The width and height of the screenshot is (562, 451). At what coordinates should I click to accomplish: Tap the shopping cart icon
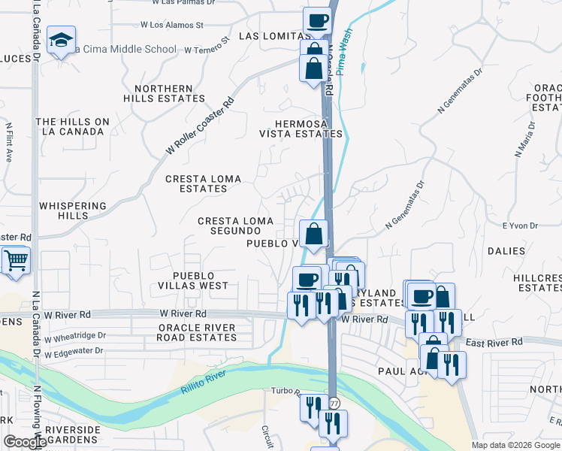coord(15,261)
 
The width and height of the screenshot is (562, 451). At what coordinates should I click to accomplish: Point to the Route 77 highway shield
coord(334,404)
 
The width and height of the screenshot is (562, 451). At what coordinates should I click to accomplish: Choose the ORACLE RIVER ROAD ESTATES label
coord(196,332)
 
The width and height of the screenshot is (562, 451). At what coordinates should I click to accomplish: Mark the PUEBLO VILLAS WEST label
coord(193,281)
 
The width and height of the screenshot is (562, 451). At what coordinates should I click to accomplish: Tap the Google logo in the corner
coord(24,442)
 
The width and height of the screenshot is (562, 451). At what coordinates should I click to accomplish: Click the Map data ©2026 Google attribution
coord(515,445)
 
